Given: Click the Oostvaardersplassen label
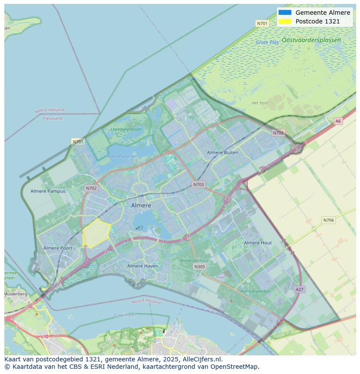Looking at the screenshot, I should [311, 40].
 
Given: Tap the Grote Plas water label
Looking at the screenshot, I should [267, 43].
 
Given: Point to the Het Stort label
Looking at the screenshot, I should [260, 103].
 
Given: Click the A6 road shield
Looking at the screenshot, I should [338, 121].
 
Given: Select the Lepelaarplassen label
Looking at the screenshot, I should [126, 129].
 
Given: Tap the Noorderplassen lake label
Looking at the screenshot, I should [122, 156].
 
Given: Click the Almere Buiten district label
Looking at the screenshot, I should [223, 152].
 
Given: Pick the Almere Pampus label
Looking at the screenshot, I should [48, 191].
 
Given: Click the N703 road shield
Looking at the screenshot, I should [198, 185].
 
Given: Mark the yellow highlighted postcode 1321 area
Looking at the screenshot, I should [96, 233].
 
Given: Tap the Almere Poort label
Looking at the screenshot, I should [58, 248].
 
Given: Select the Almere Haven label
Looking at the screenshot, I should [143, 266].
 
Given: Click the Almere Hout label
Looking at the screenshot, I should [258, 243].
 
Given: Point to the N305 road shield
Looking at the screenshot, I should [200, 267].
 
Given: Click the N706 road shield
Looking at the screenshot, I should [328, 220].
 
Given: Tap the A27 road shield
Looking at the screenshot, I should [299, 289].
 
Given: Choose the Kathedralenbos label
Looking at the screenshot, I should [256, 291].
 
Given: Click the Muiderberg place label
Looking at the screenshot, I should [15, 294].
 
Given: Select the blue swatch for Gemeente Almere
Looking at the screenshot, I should [285, 13].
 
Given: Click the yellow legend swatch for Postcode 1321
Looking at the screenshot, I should [285, 21].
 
